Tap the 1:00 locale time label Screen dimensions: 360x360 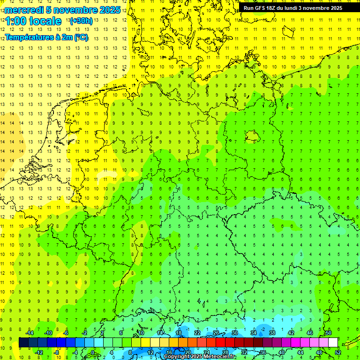[x=33, y=21]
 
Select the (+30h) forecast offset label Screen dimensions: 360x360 [x=81, y=21]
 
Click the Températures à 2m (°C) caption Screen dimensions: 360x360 [x=46, y=37]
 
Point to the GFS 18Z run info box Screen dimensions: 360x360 [x=292, y=8]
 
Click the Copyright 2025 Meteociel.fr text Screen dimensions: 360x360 [x=200, y=357]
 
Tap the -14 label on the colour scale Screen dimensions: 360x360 [x=29, y=333]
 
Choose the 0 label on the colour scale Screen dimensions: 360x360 [x=93, y=352]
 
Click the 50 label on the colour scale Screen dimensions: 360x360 [x=329, y=333]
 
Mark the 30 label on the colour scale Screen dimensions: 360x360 [x=235, y=333]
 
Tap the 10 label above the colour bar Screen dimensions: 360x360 [x=141, y=333]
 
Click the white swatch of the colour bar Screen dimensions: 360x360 [x=333, y=342]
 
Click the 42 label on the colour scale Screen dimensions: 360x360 [x=291, y=333]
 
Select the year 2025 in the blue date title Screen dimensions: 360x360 [x=110, y=10]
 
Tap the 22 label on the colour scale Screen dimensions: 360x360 [x=197, y=333]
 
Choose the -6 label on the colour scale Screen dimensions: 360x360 [x=66, y=333]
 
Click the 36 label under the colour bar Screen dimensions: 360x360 [x=263, y=352]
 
